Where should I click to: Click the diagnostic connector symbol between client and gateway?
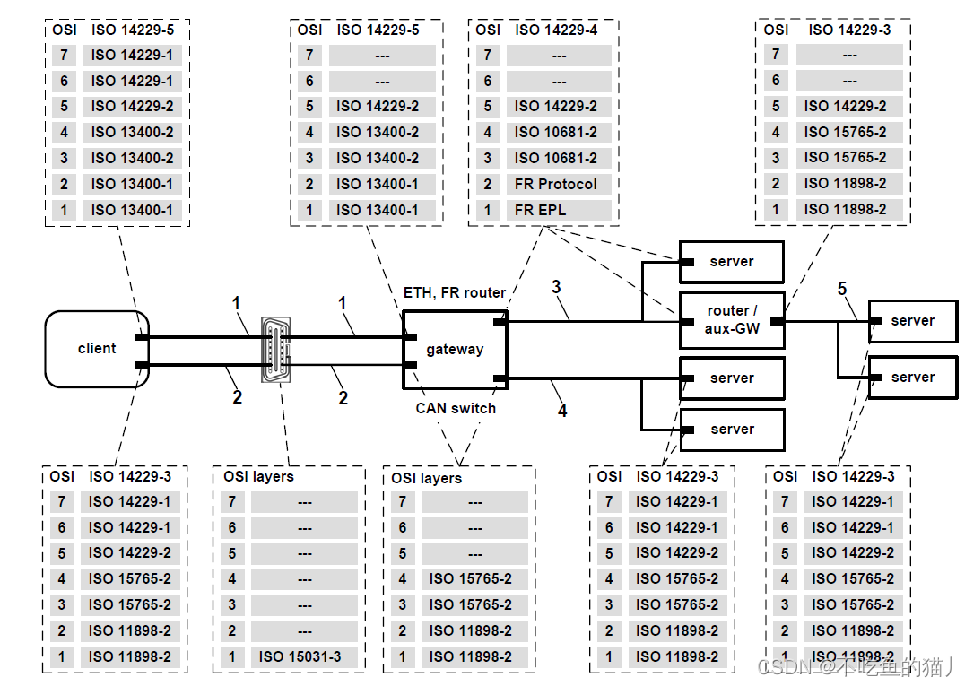(275, 350)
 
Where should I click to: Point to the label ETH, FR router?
(454, 293)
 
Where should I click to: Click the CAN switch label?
(456, 409)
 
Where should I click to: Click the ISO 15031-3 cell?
(304, 656)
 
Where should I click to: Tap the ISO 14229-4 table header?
(556, 30)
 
